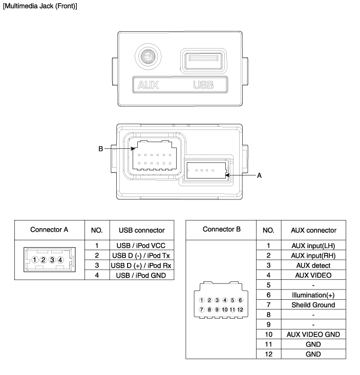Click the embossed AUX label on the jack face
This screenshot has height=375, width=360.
click(148, 85)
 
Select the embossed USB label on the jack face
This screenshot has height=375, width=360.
click(203, 85)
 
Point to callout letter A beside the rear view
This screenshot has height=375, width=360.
click(259, 175)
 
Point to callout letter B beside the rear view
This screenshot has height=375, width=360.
click(101, 149)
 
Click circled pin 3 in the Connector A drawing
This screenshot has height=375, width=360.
click(52, 260)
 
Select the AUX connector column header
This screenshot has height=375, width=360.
click(313, 230)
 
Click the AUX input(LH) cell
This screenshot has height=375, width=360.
click(313, 246)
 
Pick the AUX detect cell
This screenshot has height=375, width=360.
click(313, 266)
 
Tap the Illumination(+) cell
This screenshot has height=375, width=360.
click(313, 295)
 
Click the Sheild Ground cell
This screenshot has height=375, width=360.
click(313, 305)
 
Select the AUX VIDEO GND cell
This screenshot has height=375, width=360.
click(313, 335)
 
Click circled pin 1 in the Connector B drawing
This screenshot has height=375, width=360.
click(203, 300)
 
